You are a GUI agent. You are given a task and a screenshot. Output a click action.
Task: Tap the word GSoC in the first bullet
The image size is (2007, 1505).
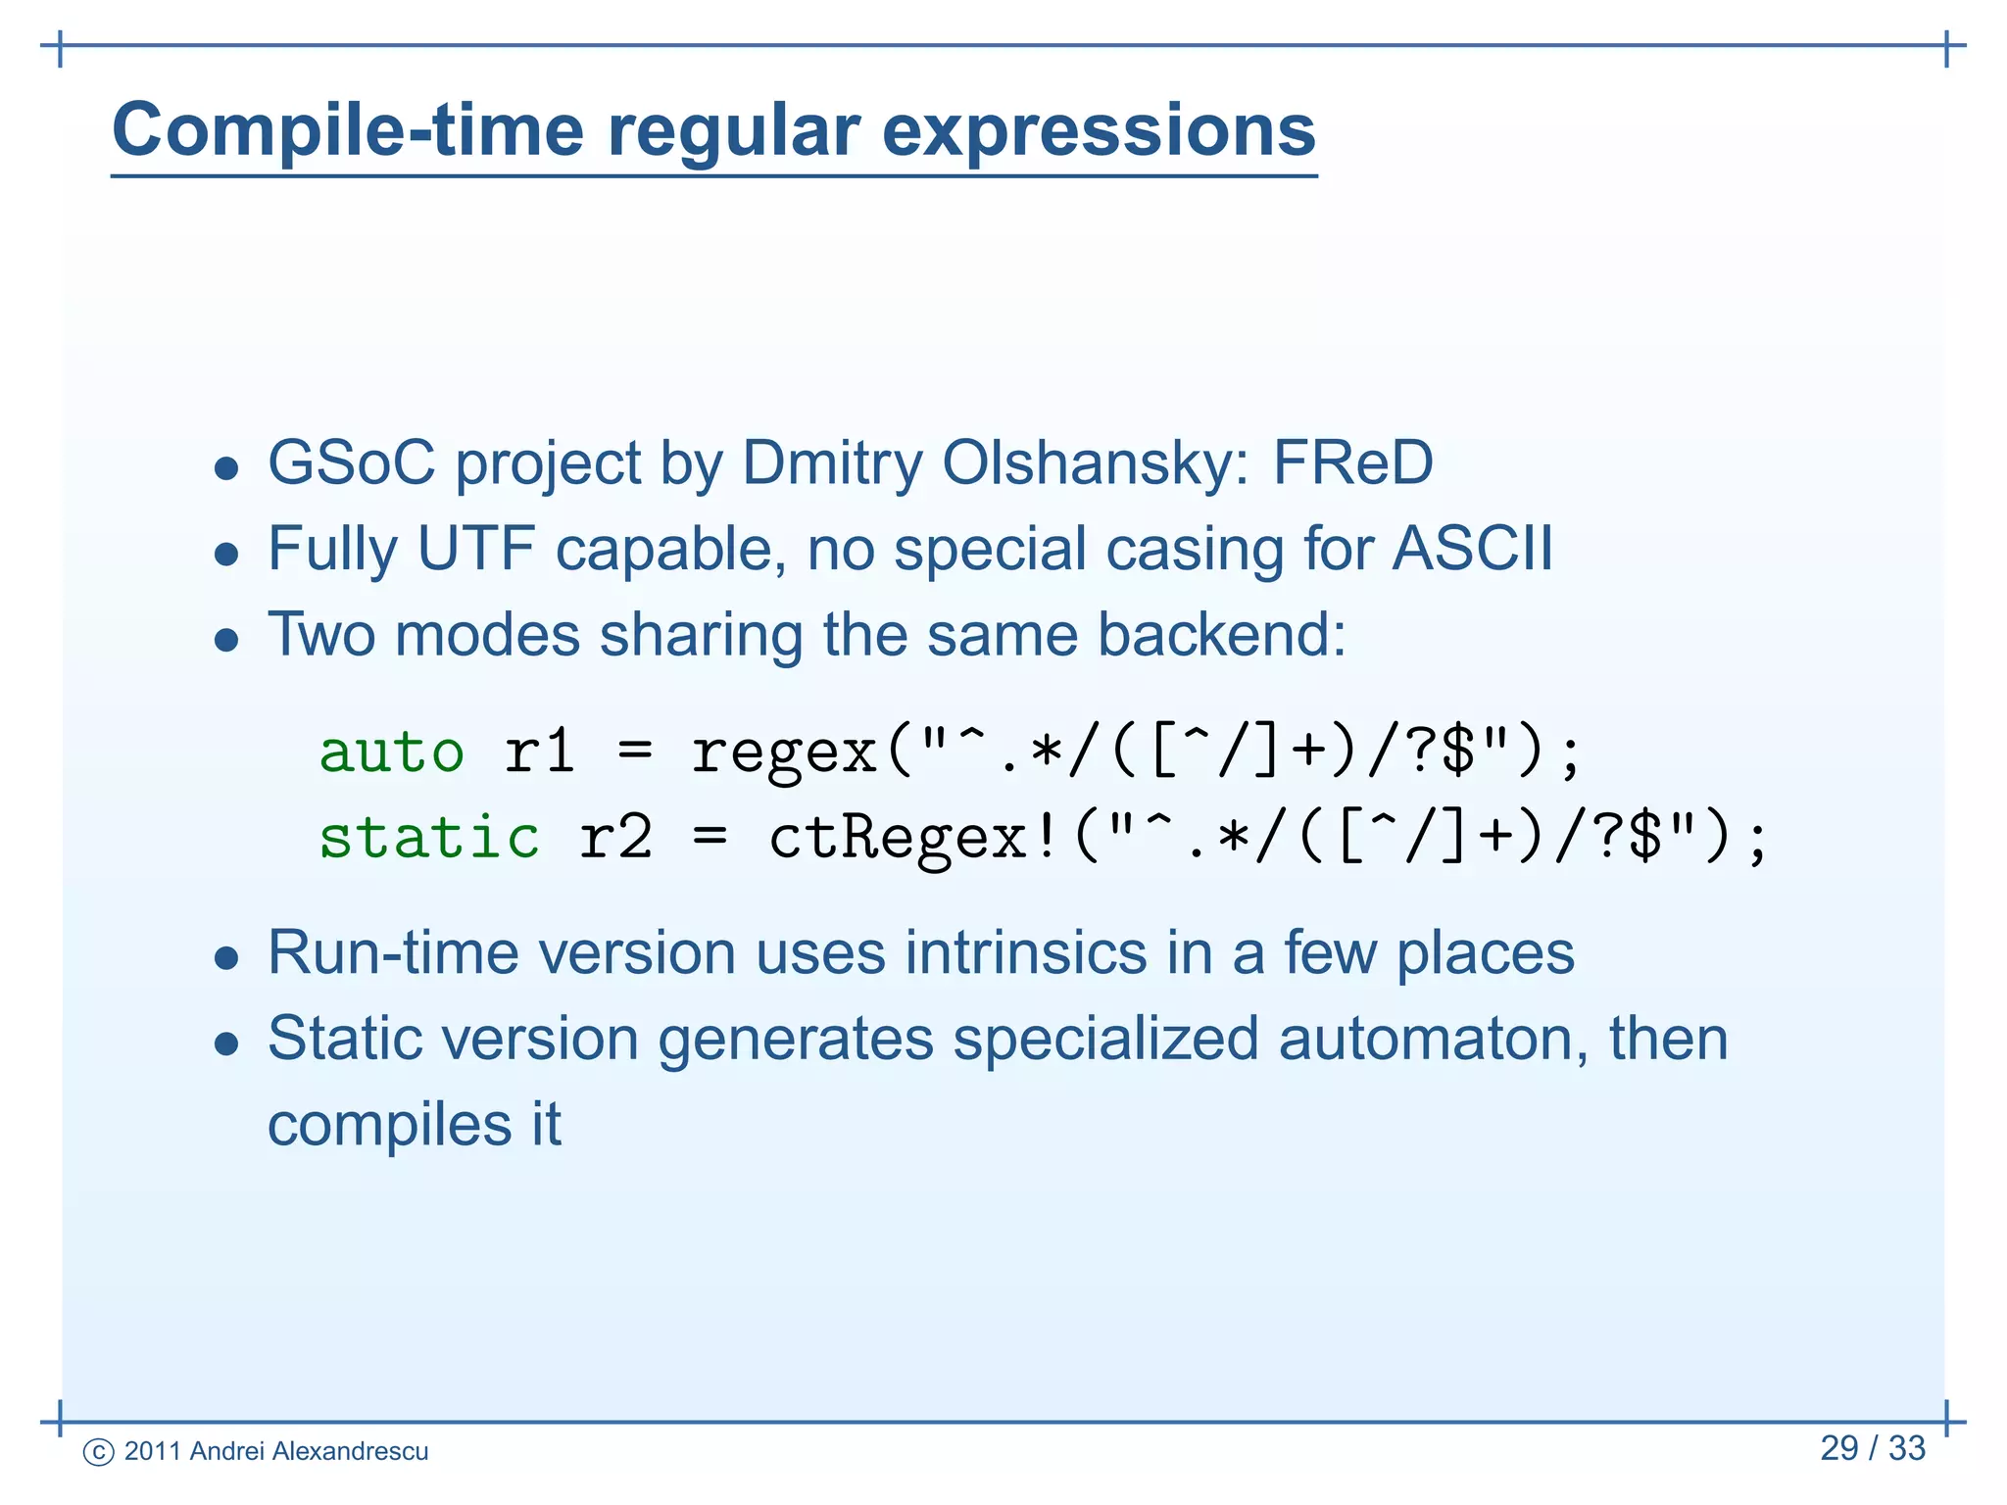pos(351,462)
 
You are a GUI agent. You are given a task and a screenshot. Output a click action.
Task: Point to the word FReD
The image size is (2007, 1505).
pos(1352,462)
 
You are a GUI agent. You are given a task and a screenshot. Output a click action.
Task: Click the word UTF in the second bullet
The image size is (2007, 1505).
pos(475,548)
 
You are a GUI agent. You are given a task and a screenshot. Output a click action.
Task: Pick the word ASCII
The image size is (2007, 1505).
pos(1472,548)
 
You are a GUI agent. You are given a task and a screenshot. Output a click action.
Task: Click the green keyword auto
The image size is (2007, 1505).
pos(391,752)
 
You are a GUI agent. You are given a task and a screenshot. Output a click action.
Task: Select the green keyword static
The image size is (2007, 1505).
pos(429,839)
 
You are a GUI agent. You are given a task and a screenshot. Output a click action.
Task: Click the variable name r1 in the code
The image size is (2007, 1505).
pos(538,752)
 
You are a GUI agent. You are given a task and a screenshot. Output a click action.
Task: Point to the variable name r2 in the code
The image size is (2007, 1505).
pos(614,839)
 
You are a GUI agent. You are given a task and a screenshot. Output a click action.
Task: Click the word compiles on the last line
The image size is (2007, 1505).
pos(389,1125)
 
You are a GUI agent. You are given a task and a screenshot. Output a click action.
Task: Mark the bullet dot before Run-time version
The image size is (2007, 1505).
pos(226,957)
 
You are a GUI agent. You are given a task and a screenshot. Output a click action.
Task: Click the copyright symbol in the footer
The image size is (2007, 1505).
pos(98,1452)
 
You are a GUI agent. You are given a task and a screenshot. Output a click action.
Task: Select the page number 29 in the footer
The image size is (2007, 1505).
pos(1838,1448)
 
